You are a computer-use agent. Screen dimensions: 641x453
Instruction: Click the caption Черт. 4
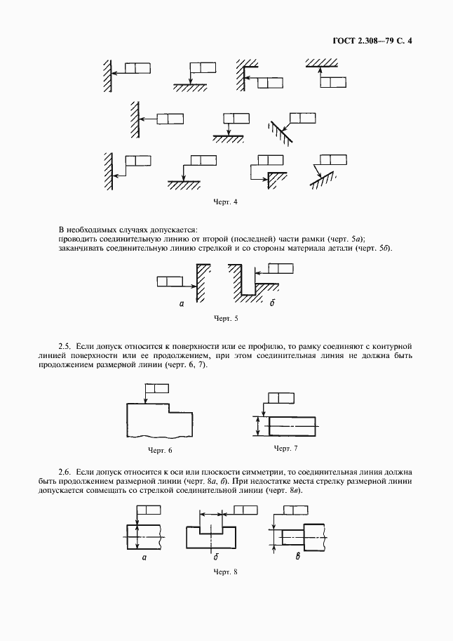(x=226, y=203)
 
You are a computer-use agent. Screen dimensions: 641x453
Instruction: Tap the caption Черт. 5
(x=226, y=318)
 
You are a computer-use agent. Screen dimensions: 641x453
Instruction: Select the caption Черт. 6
(x=160, y=449)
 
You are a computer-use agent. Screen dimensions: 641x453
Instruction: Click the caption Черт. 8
(x=226, y=571)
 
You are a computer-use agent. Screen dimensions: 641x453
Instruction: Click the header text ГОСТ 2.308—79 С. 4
(x=372, y=41)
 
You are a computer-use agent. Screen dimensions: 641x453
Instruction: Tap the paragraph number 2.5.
(x=65, y=346)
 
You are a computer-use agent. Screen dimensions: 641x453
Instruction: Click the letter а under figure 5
(x=181, y=304)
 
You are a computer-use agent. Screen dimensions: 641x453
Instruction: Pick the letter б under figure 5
(x=271, y=304)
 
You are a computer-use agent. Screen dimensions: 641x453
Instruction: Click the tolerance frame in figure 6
(x=156, y=388)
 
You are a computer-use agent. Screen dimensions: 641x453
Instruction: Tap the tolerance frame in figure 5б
(x=280, y=267)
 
